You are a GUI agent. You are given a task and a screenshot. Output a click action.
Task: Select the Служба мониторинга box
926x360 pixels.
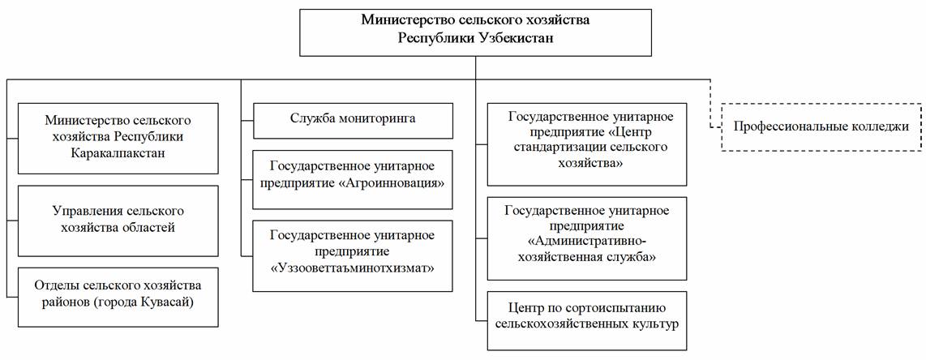click(x=354, y=121)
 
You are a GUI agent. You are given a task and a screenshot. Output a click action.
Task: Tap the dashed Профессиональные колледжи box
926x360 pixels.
click(x=821, y=126)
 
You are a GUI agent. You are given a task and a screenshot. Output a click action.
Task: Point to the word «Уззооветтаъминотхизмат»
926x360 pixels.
click(x=353, y=269)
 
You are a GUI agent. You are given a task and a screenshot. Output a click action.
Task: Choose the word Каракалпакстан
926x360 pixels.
click(x=118, y=153)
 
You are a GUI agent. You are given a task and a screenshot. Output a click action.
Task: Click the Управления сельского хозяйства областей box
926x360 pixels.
click(x=118, y=221)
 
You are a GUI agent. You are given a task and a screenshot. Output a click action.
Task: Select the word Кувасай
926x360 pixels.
click(x=175, y=302)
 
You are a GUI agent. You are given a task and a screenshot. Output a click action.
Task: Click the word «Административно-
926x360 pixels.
click(x=588, y=242)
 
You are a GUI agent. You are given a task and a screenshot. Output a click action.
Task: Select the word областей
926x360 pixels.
click(x=149, y=228)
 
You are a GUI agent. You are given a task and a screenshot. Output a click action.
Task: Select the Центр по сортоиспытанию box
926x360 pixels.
click(x=588, y=315)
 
